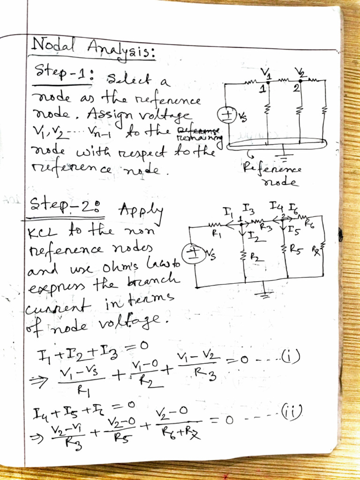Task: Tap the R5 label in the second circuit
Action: pyautogui.click(x=297, y=250)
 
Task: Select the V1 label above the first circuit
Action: pyautogui.click(x=266, y=74)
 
